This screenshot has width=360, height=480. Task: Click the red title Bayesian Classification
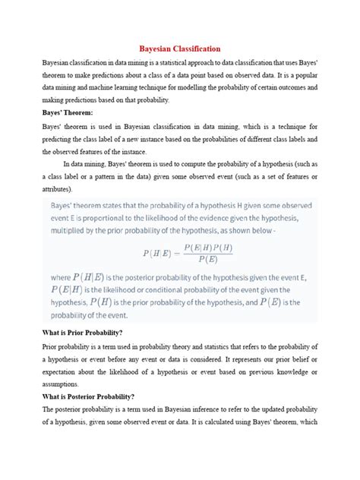coord(179,47)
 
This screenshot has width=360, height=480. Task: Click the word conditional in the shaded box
coord(172,289)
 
